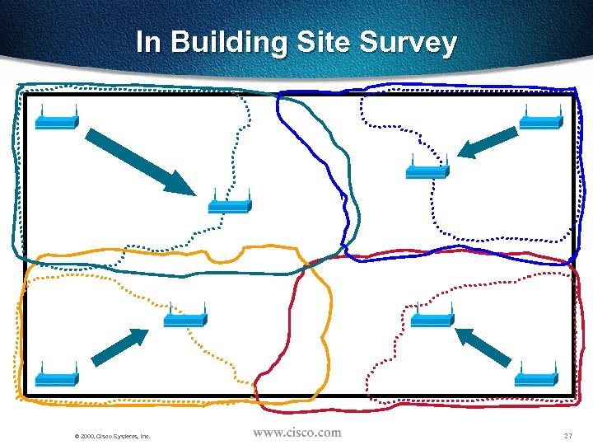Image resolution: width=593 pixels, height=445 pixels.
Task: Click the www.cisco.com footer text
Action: (296, 432)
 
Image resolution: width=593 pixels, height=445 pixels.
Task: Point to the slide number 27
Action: (567, 435)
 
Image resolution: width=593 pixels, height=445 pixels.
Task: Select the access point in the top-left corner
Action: (56, 122)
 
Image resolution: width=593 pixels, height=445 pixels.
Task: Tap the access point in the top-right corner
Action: (541, 121)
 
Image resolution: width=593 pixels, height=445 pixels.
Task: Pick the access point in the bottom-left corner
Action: (56, 377)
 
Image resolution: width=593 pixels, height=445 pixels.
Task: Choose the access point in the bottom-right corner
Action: (537, 377)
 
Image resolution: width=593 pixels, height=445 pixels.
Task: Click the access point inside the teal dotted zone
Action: (228, 204)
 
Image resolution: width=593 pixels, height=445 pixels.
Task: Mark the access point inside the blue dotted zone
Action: (427, 171)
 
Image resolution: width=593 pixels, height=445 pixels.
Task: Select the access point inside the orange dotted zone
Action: (184, 318)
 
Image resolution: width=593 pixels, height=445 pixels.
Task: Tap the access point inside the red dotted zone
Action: (431, 319)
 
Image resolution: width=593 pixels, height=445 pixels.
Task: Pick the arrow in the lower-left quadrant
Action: (119, 346)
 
